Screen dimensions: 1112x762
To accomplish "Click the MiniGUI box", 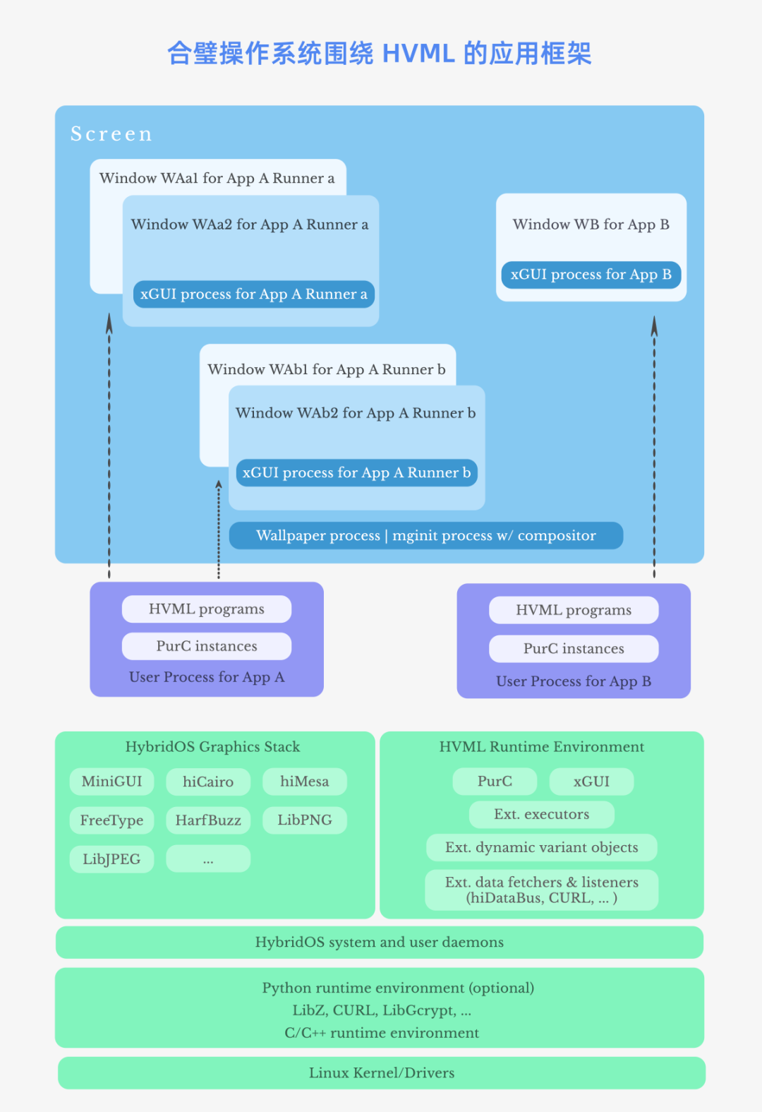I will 111,782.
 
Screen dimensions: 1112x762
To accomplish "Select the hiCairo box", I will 208,782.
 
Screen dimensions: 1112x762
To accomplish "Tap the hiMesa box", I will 304,782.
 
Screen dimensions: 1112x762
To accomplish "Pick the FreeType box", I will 111,820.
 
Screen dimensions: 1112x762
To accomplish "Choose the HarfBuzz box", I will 208,820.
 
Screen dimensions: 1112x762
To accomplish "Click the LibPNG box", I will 304,820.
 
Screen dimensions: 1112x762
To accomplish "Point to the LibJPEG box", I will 111,859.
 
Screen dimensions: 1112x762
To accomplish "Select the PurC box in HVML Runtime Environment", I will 495,782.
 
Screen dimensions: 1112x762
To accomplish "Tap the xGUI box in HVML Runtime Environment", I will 591,782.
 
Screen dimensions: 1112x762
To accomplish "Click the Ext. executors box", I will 541,815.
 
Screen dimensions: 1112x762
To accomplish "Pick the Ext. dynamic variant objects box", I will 541,848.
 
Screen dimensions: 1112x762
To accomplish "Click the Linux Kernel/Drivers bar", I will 381,1073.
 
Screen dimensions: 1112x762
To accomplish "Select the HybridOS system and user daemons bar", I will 380,943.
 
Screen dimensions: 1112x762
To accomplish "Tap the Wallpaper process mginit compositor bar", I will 426,536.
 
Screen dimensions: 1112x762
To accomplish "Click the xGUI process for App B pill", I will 591,275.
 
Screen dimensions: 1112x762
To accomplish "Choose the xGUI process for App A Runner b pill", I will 356,473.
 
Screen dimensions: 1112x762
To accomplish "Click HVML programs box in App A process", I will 206,609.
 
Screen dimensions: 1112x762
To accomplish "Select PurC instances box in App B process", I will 574,649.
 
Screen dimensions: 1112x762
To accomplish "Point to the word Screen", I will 111,134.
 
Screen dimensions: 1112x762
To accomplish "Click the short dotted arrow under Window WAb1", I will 219,530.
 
